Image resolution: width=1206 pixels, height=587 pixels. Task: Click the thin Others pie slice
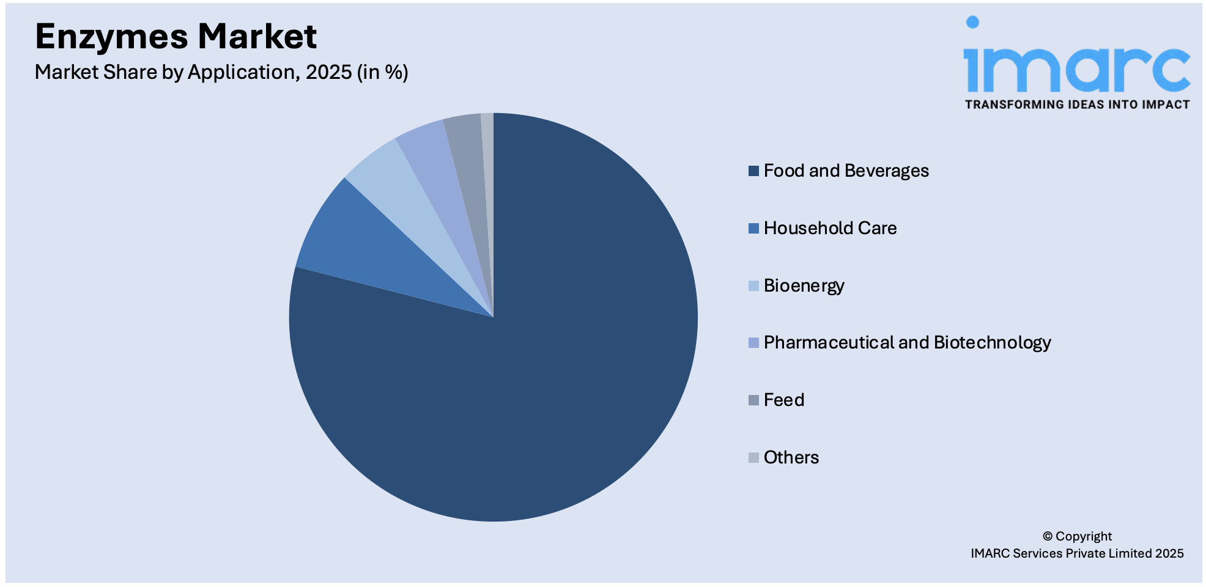coord(488,153)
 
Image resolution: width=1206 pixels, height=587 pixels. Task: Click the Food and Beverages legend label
coord(846,171)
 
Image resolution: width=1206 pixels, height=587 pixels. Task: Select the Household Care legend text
coord(830,228)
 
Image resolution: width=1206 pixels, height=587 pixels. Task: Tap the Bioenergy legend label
coord(804,286)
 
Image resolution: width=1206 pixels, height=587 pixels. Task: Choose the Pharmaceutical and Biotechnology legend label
coord(907,342)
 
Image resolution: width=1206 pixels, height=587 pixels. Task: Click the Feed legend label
coord(783,400)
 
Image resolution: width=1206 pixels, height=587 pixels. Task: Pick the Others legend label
coord(791,457)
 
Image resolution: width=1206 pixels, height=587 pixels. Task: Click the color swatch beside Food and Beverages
coord(753,171)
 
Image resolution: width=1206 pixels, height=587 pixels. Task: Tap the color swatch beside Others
coord(753,457)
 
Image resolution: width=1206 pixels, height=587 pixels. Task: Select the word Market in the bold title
coord(257,37)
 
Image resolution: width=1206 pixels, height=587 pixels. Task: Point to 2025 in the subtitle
coord(328,72)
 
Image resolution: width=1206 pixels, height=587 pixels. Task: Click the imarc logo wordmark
coord(1076,67)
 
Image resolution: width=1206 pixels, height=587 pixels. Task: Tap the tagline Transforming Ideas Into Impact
coord(1077,105)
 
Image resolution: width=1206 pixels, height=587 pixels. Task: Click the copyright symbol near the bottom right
coord(1048,536)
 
